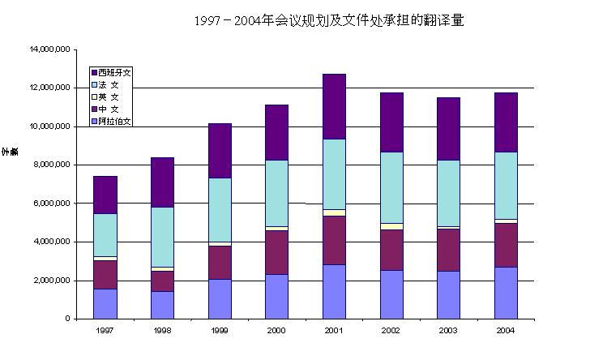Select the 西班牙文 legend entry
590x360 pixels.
pos(113,72)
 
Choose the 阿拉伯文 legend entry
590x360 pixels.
pos(113,122)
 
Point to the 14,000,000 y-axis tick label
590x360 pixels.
pos(49,49)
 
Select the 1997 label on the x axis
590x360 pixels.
pos(105,331)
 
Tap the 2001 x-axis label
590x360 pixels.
pos(334,331)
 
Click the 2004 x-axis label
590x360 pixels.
pos(506,331)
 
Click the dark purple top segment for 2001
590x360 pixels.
pos(334,106)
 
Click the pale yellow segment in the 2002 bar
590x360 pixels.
pos(391,226)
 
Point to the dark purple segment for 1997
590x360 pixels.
pos(105,195)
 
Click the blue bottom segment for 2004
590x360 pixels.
pos(506,293)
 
